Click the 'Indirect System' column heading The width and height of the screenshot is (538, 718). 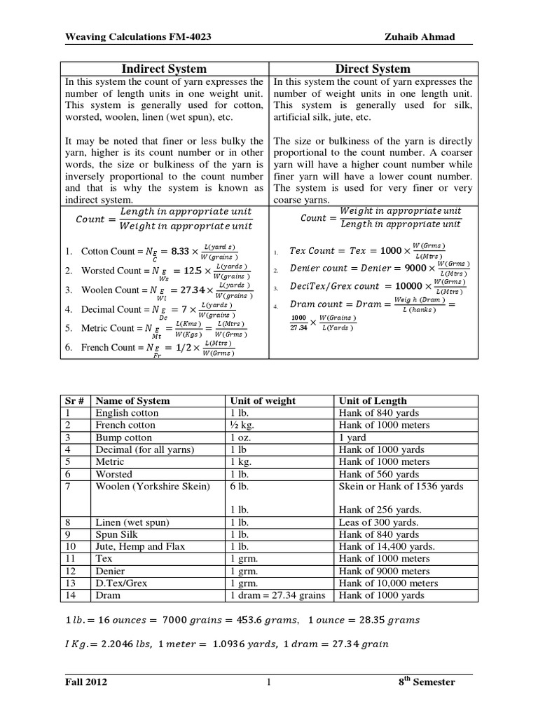(x=165, y=68)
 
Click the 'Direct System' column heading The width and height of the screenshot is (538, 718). (x=373, y=68)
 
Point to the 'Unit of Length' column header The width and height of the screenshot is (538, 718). (x=372, y=400)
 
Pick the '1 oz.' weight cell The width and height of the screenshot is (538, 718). (x=239, y=438)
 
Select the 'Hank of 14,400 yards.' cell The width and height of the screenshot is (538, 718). (x=386, y=546)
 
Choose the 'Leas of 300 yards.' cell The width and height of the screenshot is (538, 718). (x=378, y=522)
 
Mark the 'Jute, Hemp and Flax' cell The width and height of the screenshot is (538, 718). (x=139, y=546)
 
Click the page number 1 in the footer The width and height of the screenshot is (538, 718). (x=268, y=682)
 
